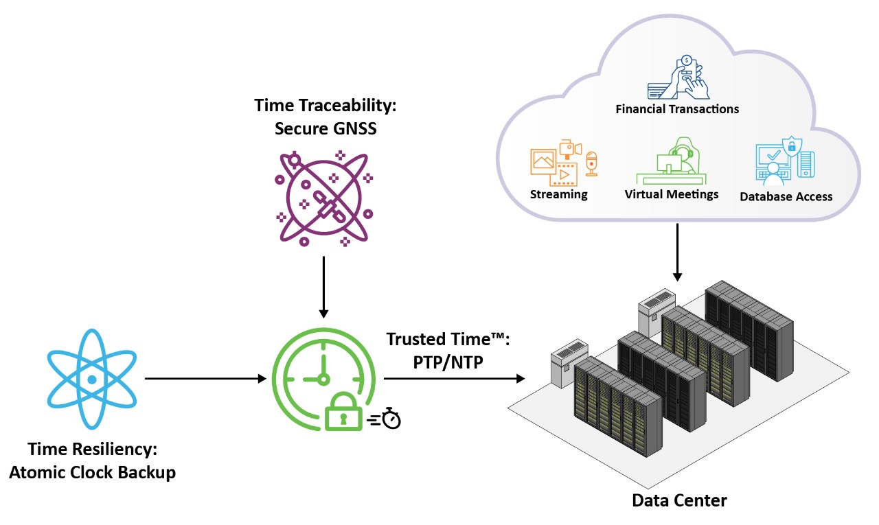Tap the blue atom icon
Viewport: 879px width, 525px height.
coord(92,379)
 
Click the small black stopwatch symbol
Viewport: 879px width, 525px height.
coord(391,418)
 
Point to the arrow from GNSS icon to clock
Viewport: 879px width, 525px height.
coord(323,285)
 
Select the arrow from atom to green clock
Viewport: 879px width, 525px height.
coord(205,378)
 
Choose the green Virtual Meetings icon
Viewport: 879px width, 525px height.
coord(670,162)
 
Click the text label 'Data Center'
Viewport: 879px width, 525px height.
coord(679,500)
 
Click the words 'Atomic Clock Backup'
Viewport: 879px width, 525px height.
coord(92,472)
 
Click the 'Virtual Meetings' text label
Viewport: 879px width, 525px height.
coord(671,194)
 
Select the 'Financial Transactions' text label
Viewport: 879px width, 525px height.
coord(677,109)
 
